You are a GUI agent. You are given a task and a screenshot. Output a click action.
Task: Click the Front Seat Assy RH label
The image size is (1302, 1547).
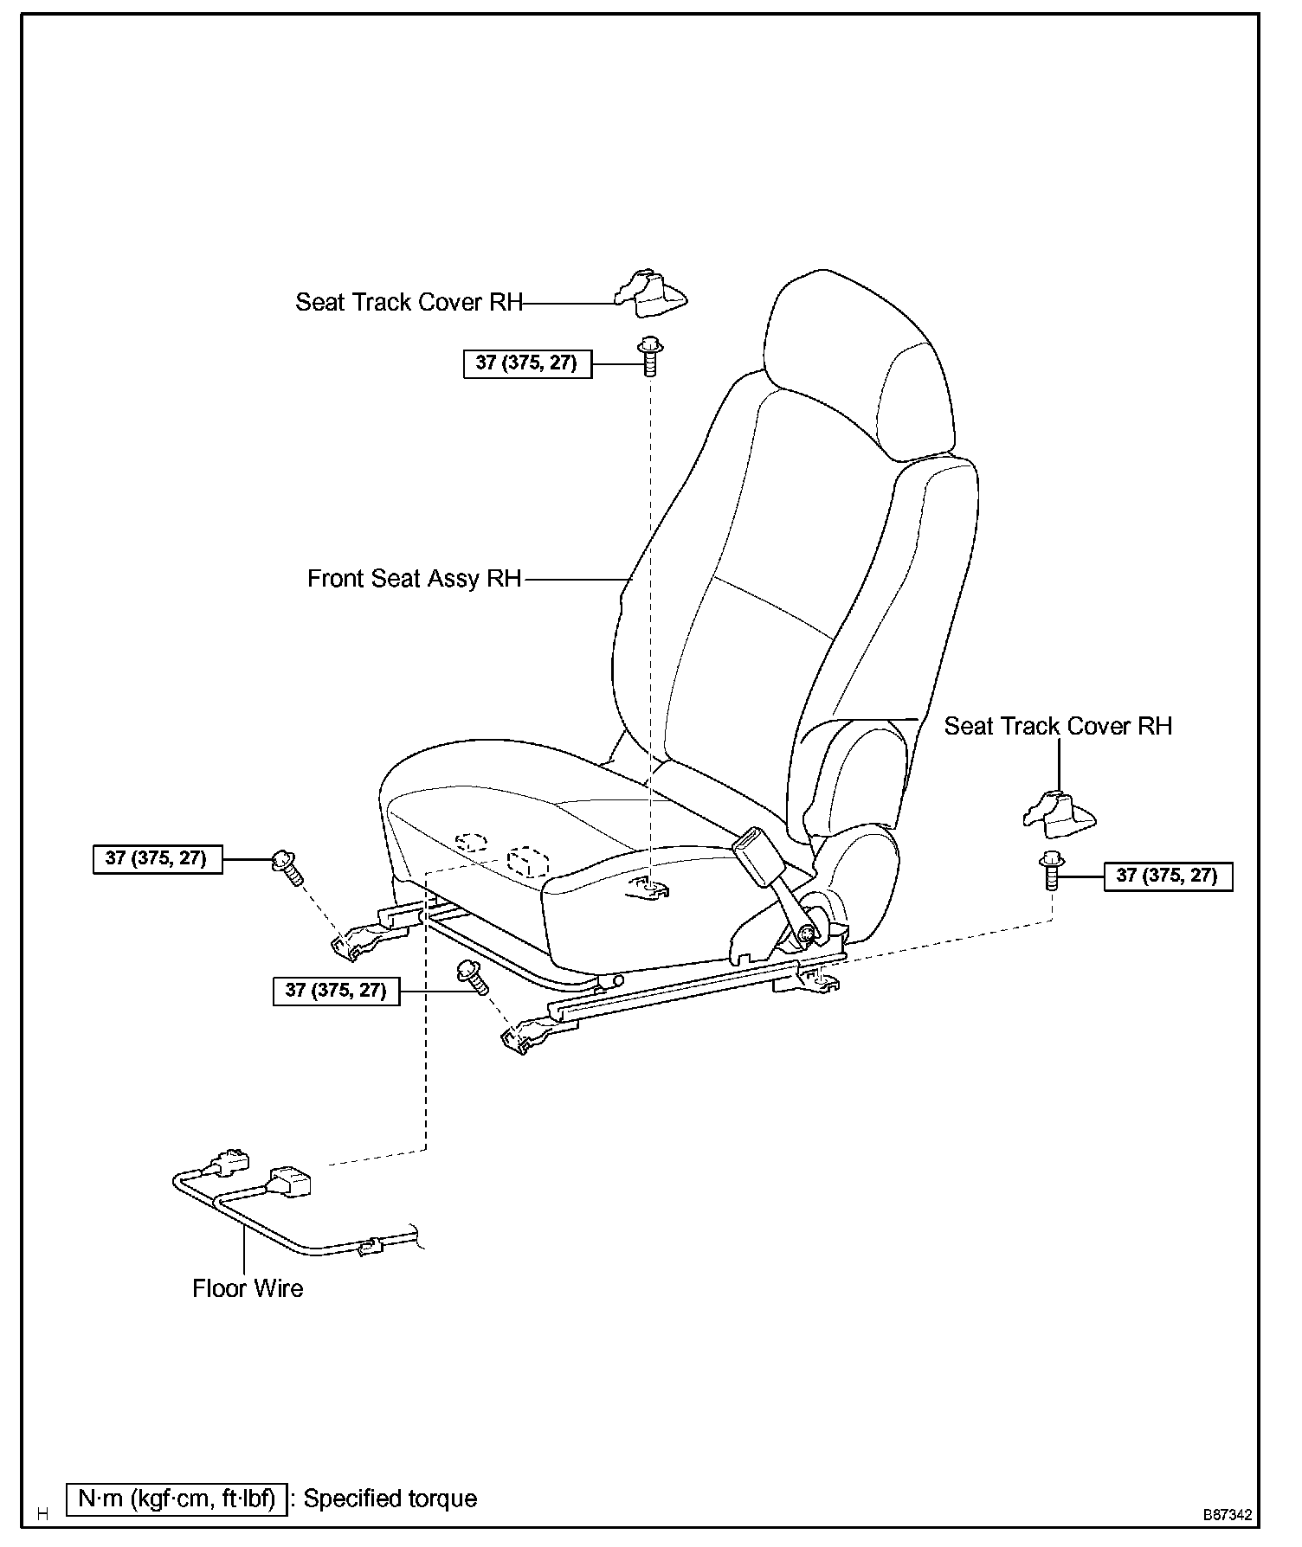[x=415, y=579]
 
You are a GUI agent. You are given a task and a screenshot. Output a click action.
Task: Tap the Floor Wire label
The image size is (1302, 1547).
[x=248, y=1288]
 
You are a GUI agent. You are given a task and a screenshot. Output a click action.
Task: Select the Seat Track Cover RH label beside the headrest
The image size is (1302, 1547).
[x=409, y=302]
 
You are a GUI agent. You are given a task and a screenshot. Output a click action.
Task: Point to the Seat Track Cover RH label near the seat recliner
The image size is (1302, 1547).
[x=1058, y=726]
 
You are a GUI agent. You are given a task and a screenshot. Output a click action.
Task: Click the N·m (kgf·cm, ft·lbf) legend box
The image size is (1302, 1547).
[x=176, y=1499]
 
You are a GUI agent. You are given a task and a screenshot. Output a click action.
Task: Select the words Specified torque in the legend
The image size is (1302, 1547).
[x=390, y=1499]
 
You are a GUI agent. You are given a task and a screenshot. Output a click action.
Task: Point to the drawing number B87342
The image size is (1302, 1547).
[x=1226, y=1515]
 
